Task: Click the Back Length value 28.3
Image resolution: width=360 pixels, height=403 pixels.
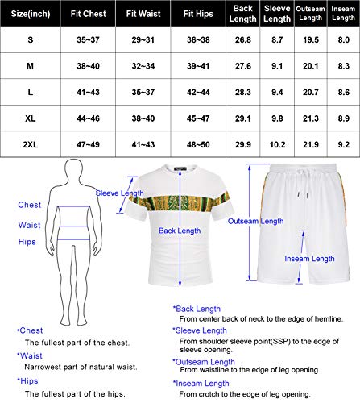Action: [x=242, y=93]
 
